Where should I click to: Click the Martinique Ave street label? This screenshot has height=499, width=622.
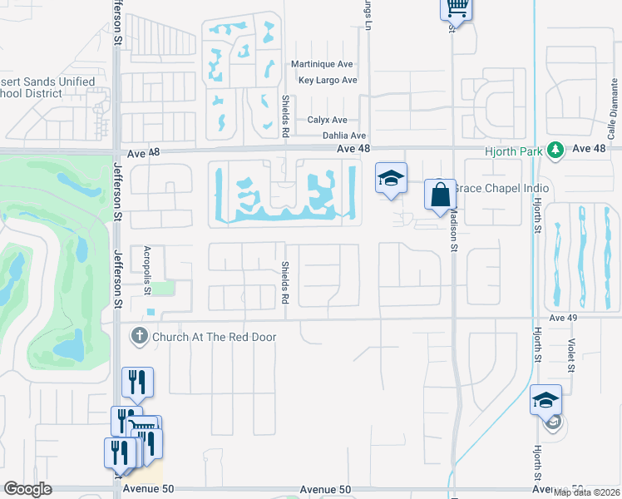(323, 65)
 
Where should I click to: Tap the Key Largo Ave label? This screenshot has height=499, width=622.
(328, 81)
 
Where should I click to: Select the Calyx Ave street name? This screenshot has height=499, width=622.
(327, 121)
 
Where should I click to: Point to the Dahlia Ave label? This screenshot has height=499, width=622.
(344, 136)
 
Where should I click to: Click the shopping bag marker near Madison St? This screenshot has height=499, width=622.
(439, 196)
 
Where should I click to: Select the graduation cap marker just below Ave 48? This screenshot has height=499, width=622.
(391, 178)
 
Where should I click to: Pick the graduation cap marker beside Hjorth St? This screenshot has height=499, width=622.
(545, 400)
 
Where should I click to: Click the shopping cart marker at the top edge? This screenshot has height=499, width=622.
(456, 8)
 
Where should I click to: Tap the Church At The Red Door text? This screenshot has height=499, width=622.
(214, 337)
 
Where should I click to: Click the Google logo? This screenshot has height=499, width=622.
(27, 489)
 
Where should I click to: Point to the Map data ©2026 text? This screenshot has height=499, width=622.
(587, 492)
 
